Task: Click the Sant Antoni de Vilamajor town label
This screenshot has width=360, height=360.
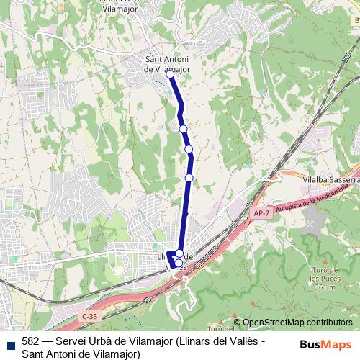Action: point(167,64)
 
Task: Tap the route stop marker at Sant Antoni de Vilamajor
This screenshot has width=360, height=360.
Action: point(171,74)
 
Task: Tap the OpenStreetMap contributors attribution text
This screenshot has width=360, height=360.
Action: point(297,323)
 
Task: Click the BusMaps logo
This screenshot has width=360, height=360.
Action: point(326,345)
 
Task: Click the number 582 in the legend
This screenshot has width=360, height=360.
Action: point(30,341)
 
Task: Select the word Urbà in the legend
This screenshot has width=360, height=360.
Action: point(100,341)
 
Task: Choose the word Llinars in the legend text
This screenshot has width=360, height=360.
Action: point(195,341)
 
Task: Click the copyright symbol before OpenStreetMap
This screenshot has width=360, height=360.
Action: point(238,323)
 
